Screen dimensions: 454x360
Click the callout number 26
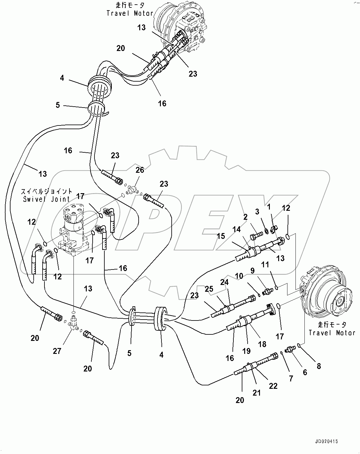tap(140, 170)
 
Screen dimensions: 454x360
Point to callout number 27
tap(57, 351)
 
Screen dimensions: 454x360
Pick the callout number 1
tap(269, 206)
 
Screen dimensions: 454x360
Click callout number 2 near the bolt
tap(245, 217)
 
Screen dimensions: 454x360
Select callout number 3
tap(257, 211)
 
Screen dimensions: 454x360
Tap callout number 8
tap(319, 366)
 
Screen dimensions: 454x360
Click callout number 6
tap(305, 372)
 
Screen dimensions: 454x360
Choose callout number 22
tap(273, 386)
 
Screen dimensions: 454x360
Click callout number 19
tap(246, 351)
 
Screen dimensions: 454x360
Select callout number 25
tap(209, 289)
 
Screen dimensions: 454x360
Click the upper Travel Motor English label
tap(130, 13)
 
